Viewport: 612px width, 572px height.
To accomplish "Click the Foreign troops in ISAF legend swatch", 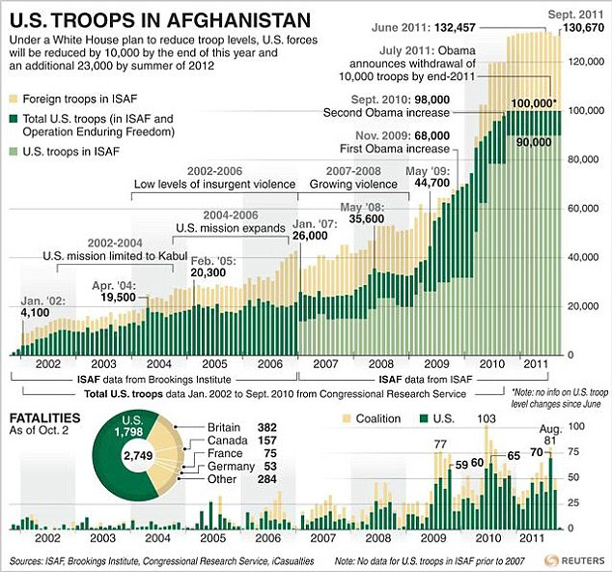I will (x=13, y=100).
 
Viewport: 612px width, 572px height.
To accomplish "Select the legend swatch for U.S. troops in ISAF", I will (x=13, y=153).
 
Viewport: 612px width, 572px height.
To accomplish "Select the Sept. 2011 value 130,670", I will (x=576, y=28).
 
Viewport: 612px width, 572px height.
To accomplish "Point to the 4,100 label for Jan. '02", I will (x=39, y=313).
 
